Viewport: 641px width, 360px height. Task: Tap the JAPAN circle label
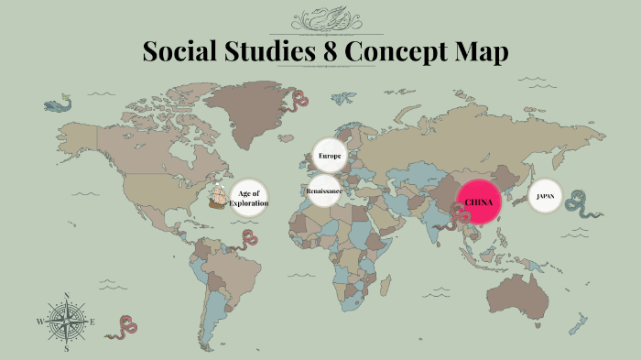(x=544, y=196)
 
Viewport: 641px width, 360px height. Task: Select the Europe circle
(x=329, y=157)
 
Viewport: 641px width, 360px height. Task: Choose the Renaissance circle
(x=323, y=191)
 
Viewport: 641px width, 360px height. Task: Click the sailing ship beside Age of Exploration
(x=220, y=194)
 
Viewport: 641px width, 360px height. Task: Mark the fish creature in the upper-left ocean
(x=59, y=104)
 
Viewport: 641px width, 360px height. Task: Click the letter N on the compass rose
(x=67, y=296)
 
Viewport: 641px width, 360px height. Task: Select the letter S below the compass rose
(x=66, y=348)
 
